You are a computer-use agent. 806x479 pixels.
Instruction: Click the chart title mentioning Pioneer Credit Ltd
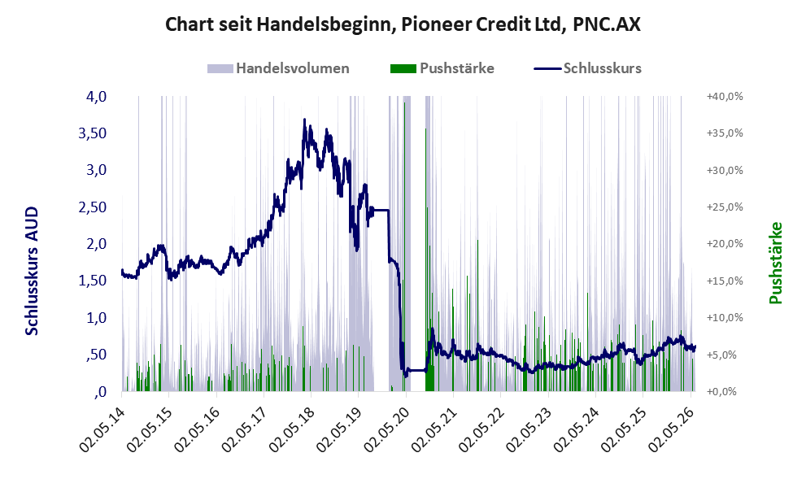coord(403,24)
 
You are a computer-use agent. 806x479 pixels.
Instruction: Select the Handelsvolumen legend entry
coord(278,68)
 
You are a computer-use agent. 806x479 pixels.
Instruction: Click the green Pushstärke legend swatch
coord(403,68)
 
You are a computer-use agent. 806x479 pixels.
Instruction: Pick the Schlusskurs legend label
coord(603,68)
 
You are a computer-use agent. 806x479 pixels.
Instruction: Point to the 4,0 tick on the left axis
coord(96,97)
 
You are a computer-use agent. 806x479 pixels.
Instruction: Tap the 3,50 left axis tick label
coord(92,133)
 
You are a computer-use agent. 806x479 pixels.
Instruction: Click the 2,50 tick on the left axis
coord(92,207)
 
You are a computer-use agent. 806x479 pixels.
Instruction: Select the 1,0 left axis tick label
coord(96,318)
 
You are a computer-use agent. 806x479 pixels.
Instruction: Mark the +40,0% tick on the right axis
coord(725,97)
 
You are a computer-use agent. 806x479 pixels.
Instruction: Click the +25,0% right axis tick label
coord(725,207)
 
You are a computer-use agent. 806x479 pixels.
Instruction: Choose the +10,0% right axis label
coord(725,318)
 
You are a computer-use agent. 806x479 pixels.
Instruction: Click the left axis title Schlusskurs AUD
coord(32,271)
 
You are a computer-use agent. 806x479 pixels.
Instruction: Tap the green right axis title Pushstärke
coord(776,263)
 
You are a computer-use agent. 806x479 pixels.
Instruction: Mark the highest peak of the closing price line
coord(305,120)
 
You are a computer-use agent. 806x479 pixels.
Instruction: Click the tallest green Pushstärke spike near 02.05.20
coord(404,247)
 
